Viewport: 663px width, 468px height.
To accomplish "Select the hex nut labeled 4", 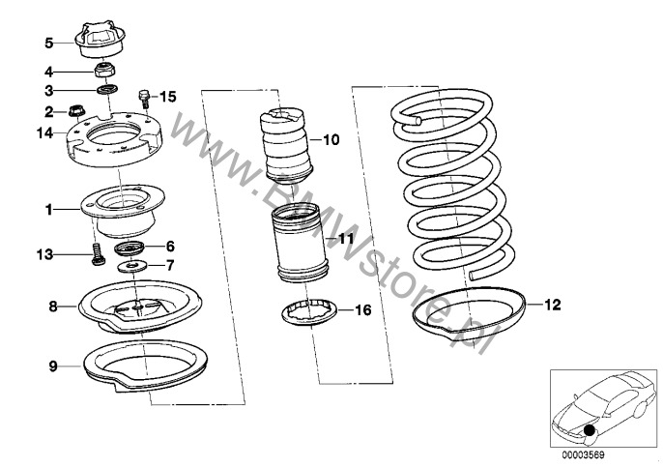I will coord(103,71).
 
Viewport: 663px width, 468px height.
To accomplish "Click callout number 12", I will coord(551,305).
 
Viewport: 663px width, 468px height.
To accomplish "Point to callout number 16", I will coord(361,310).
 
